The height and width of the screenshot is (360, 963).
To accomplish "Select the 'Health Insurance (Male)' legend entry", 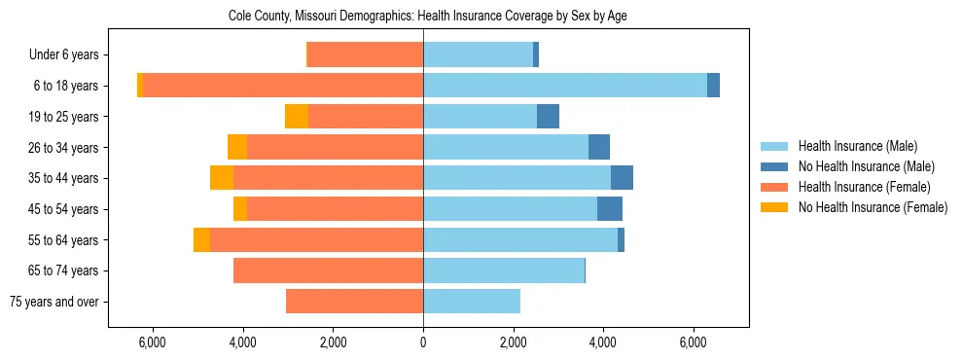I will [857, 146].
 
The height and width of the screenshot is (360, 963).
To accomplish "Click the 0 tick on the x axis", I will [423, 342].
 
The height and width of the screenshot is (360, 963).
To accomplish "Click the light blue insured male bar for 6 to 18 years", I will [564, 86].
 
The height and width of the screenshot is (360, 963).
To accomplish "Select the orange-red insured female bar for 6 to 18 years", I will [282, 86].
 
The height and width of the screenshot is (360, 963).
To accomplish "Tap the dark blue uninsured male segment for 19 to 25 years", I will [548, 117].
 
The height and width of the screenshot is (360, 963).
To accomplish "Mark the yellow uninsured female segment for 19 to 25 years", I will [297, 117].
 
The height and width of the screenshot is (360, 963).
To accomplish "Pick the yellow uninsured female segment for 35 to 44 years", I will [222, 178].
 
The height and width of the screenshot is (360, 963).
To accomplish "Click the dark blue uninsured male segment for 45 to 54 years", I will [610, 209].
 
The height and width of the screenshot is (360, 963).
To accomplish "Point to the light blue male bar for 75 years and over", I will [472, 302].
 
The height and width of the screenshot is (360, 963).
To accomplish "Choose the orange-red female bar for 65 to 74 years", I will [328, 270].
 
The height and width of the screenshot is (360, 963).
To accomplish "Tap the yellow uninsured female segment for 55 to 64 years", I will [201, 239].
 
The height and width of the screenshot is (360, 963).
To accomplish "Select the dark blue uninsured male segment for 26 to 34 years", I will [599, 147].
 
